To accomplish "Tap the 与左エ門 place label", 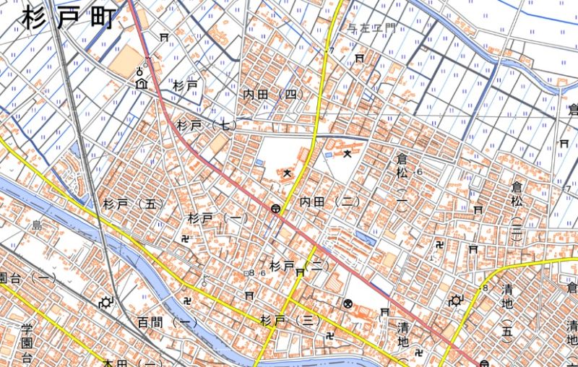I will click(x=372, y=29).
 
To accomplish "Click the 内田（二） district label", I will click(x=330, y=202).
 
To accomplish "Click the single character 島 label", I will click(x=36, y=226).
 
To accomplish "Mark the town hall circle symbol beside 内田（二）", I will click(x=276, y=208).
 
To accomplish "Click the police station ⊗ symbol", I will click(x=348, y=304).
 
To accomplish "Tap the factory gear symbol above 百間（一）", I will click(x=108, y=302).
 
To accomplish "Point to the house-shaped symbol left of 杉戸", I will click(x=140, y=84).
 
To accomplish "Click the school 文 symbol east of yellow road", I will click(x=348, y=153).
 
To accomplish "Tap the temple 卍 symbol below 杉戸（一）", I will click(x=186, y=237).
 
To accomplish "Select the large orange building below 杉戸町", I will click(x=126, y=60).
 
